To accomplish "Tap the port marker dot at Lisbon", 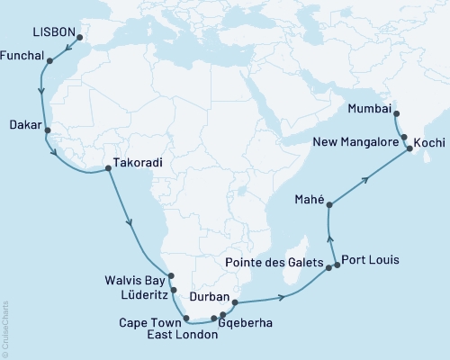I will pos(78,38).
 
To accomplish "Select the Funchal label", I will pos(24,54).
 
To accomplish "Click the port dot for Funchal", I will pos(49,62).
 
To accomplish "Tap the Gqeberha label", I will pos(250,321).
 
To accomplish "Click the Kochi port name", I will pos(428,142).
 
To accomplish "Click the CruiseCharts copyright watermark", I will pos(5,328).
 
